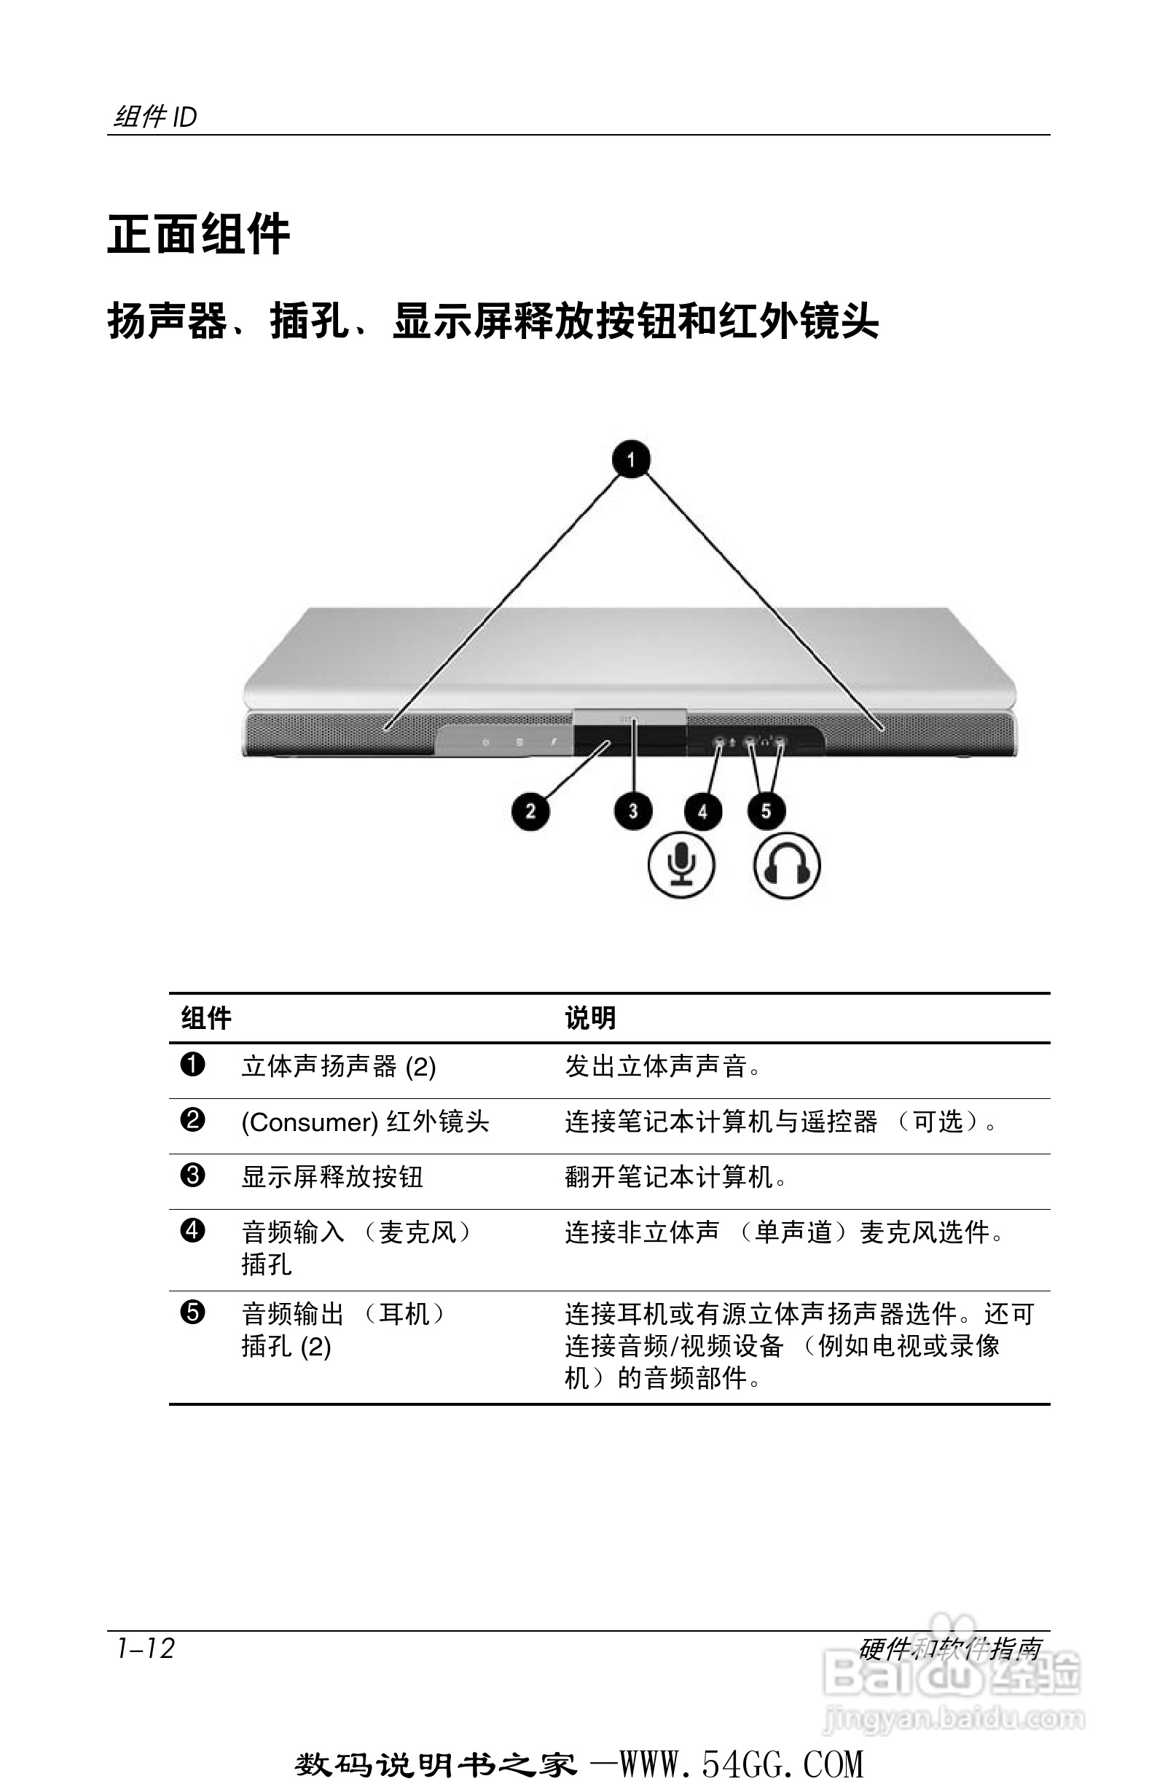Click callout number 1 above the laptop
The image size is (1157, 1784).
631,458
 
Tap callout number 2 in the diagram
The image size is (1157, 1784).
530,810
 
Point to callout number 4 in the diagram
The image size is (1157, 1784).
702,811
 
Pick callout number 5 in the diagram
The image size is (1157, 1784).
766,810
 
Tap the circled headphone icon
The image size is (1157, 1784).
787,866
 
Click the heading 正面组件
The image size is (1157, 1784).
199,235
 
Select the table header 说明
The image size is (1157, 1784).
590,1018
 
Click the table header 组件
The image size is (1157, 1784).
206,1018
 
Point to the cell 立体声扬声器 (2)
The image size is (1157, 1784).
338,1066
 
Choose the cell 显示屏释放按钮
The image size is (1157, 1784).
332,1177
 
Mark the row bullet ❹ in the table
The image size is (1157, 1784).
192,1231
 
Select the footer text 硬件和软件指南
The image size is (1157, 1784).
950,1648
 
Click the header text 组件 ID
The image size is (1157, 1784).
155,117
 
